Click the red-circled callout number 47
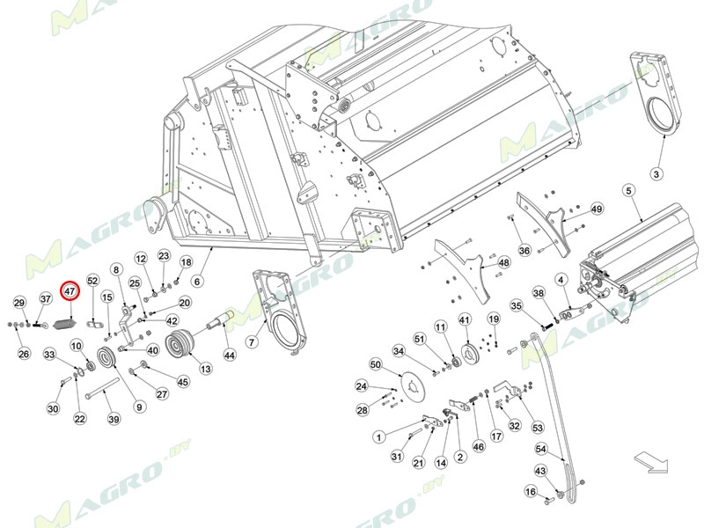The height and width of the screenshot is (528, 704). click(70, 290)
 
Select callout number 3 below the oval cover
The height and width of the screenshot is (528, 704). click(656, 173)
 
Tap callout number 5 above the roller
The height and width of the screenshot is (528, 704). click(628, 190)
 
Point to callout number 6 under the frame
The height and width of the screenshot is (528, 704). click(197, 282)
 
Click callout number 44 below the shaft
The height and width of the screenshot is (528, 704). click(230, 355)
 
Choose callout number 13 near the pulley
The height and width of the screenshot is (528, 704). click(205, 369)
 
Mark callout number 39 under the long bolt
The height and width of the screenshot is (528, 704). click(114, 419)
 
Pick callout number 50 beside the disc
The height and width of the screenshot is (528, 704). click(374, 364)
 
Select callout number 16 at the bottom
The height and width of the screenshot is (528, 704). click(531, 491)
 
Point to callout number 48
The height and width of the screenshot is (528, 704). click(504, 262)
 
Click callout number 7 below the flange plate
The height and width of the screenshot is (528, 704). click(251, 341)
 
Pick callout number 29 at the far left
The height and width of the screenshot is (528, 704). click(19, 303)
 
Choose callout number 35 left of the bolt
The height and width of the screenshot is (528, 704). click(517, 306)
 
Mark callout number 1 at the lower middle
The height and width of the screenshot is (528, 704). click(378, 436)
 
